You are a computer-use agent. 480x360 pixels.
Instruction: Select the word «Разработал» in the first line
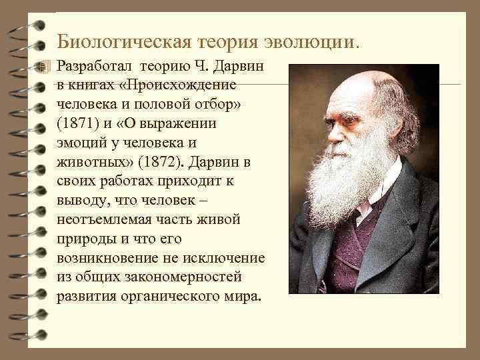pyautogui.click(x=94, y=67)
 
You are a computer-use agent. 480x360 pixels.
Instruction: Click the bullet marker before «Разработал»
pyautogui.click(x=45, y=67)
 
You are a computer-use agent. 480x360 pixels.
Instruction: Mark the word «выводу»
pyautogui.click(x=79, y=201)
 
